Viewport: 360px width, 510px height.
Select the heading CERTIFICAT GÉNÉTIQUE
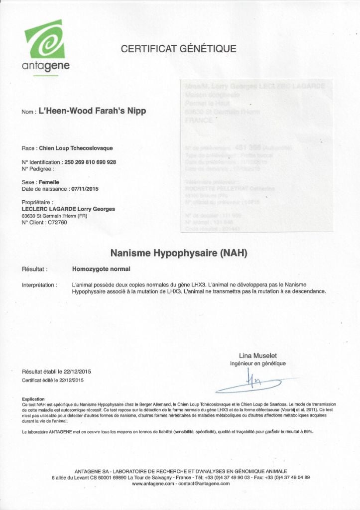click(179, 49)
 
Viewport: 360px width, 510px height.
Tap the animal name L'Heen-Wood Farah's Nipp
click(92, 111)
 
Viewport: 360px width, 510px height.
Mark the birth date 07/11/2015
click(85, 189)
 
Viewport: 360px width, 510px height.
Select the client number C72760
click(56, 222)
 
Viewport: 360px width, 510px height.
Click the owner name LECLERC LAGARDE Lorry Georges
click(68, 209)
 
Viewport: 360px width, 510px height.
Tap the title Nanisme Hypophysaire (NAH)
click(179, 253)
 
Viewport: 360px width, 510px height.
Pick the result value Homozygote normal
click(101, 269)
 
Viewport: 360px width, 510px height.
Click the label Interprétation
click(39, 285)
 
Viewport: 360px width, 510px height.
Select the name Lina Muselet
click(258, 355)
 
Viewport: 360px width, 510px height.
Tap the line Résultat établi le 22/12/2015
click(56, 372)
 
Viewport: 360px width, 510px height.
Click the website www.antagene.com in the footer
click(153, 484)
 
